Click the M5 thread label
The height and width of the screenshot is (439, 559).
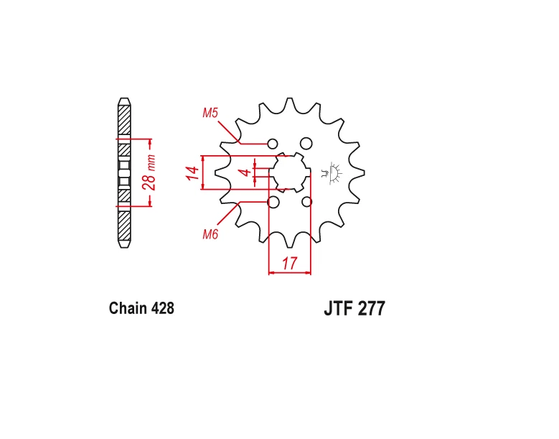(210, 113)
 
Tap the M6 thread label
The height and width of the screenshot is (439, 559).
(210, 234)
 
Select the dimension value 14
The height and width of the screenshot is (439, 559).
(192, 173)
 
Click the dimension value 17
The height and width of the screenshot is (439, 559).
(289, 264)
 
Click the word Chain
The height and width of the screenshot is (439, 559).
(128, 309)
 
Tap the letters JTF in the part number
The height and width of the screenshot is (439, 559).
(339, 309)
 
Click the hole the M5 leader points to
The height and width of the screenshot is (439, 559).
(273, 143)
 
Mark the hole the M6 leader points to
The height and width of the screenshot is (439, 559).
(273, 203)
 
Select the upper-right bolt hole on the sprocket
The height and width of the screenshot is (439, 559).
(306, 143)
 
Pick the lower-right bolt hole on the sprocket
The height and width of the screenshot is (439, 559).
(307, 203)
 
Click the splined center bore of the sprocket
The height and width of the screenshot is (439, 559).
(290, 172)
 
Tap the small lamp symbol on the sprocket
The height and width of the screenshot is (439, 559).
(333, 173)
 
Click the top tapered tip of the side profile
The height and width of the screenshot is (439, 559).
(124, 100)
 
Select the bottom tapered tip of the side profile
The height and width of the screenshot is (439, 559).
(124, 245)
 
